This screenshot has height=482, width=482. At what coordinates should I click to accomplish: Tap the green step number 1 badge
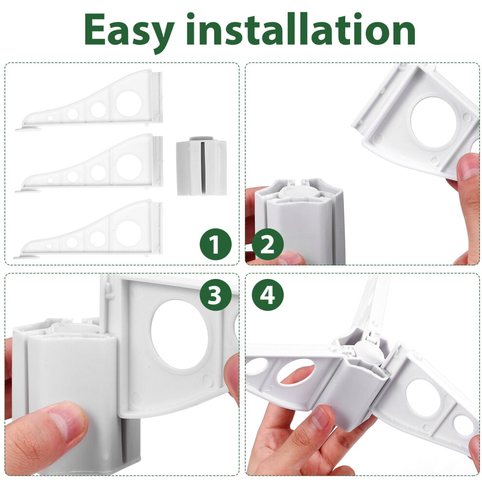click(216, 244)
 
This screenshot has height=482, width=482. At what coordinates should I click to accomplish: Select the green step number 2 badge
click(267, 244)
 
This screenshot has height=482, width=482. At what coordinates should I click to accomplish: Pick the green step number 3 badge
click(216, 295)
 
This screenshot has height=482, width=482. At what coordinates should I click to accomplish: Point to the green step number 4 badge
click(267, 295)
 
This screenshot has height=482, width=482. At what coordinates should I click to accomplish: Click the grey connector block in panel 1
click(202, 167)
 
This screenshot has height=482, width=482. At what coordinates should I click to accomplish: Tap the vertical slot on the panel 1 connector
click(202, 167)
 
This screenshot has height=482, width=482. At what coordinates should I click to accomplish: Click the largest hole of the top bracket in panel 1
click(129, 104)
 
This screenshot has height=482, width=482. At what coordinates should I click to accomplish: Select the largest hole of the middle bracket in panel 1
click(129, 167)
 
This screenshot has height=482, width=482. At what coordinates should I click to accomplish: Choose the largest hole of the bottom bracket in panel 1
click(129, 233)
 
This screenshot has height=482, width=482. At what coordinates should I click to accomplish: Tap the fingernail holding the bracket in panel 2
click(470, 166)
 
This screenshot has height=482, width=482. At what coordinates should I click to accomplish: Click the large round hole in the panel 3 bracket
click(179, 334)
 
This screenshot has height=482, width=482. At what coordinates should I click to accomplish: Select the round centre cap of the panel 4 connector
click(368, 350)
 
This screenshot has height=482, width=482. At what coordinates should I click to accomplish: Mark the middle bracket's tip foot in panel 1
click(28, 191)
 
